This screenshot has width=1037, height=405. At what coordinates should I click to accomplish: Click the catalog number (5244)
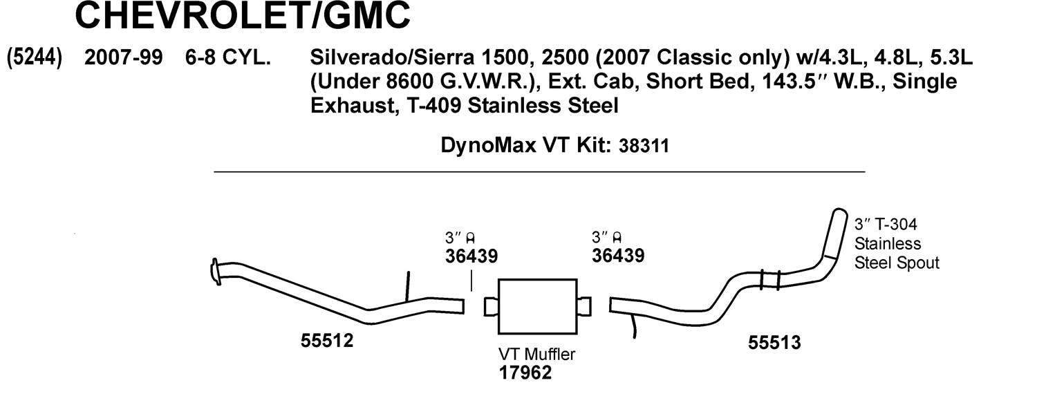(34, 59)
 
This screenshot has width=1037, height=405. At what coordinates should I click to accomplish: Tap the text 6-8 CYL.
(227, 59)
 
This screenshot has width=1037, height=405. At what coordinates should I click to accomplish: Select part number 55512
(327, 340)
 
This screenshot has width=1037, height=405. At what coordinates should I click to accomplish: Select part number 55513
(774, 341)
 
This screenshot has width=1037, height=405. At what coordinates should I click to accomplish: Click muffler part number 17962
(525, 373)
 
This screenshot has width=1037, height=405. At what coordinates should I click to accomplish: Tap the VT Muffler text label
(536, 355)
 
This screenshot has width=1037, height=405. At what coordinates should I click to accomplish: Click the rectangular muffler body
(536, 305)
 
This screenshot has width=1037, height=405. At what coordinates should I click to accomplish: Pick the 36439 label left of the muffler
(471, 256)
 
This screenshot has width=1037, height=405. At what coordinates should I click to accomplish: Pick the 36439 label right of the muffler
(618, 256)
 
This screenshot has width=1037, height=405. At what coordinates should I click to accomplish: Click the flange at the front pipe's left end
(215, 270)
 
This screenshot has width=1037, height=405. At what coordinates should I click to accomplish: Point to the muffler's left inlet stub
(490, 305)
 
